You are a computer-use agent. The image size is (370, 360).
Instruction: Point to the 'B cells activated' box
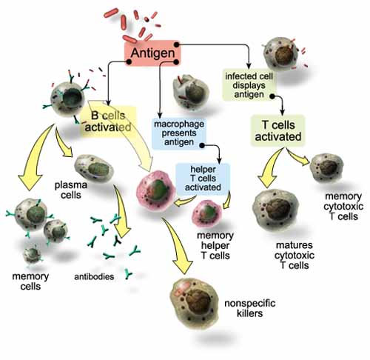pyautogui.click(x=111, y=120)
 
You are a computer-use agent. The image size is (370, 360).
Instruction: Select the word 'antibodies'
pyautogui.click(x=95, y=278)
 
